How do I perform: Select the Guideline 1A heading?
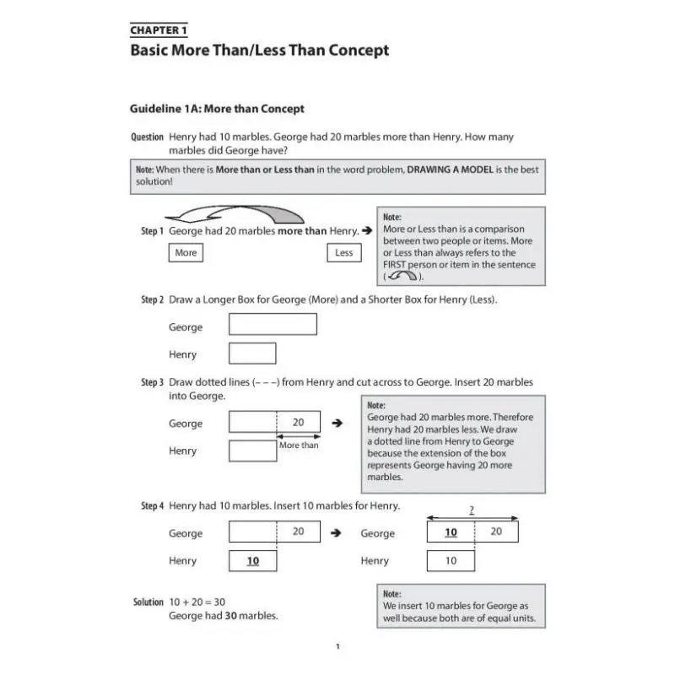pyautogui.click(x=217, y=109)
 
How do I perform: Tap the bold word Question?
pyautogui.click(x=148, y=137)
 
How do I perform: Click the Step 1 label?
pyautogui.click(x=152, y=230)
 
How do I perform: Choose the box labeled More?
pyautogui.click(x=186, y=252)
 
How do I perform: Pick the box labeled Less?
pyautogui.click(x=344, y=252)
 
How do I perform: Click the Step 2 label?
pyautogui.click(x=152, y=300)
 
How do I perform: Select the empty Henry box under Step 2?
pyautogui.click(x=252, y=354)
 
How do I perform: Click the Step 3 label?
pyautogui.click(x=152, y=382)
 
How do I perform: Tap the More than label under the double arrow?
pyautogui.click(x=299, y=445)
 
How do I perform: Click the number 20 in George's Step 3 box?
pyautogui.click(x=298, y=422)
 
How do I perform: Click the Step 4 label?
pyautogui.click(x=152, y=505)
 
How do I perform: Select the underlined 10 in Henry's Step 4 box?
pyautogui.click(x=252, y=561)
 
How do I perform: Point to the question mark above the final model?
pyautogui.click(x=472, y=510)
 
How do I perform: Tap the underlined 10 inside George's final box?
pyautogui.click(x=451, y=532)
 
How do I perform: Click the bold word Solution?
pyautogui.click(x=148, y=602)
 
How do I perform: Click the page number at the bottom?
pyautogui.click(x=337, y=647)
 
